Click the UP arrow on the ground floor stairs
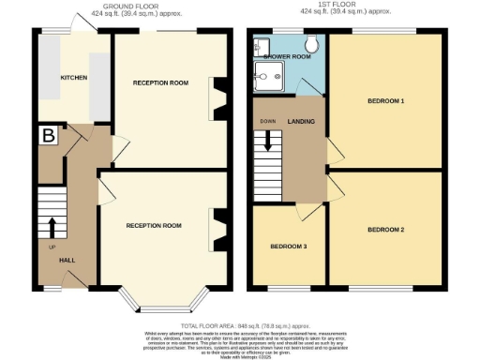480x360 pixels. pos(51,228)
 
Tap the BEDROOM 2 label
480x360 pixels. pos(385,229)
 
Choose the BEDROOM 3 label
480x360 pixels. pos(288,247)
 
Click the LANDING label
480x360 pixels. pos(301,121)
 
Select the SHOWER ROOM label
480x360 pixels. pos(287,57)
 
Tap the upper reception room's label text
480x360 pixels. pos(160,82)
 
